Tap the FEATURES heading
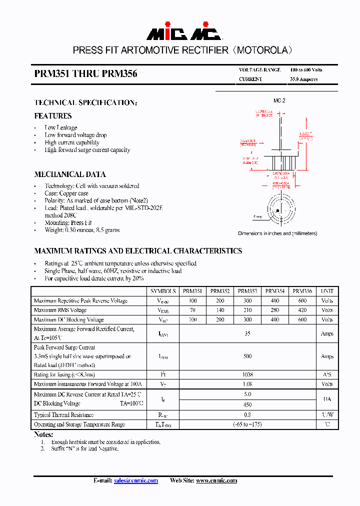pyautogui.click(x=53, y=116)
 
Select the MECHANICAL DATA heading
pyautogui.click(x=70, y=174)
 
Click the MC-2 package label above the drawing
pyautogui.click(x=279, y=100)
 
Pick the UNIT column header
pyautogui.click(x=327, y=291)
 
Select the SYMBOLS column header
pyautogui.click(x=163, y=291)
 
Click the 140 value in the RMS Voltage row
pyautogui.click(x=220, y=310)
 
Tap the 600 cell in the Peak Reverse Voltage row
pyautogui.click(x=302, y=300)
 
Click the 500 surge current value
pyautogui.click(x=247, y=356)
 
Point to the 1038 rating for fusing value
pyautogui.click(x=247, y=374)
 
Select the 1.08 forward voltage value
pyautogui.click(x=247, y=384)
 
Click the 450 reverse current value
pyautogui.click(x=247, y=405)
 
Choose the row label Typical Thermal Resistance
pyautogui.click(x=63, y=415)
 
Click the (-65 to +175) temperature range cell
pyautogui.click(x=247, y=424)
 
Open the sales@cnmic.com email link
pyautogui.click(x=136, y=480)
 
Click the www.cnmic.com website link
pyautogui.click(x=216, y=480)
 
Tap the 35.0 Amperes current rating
pyautogui.click(x=304, y=79)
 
